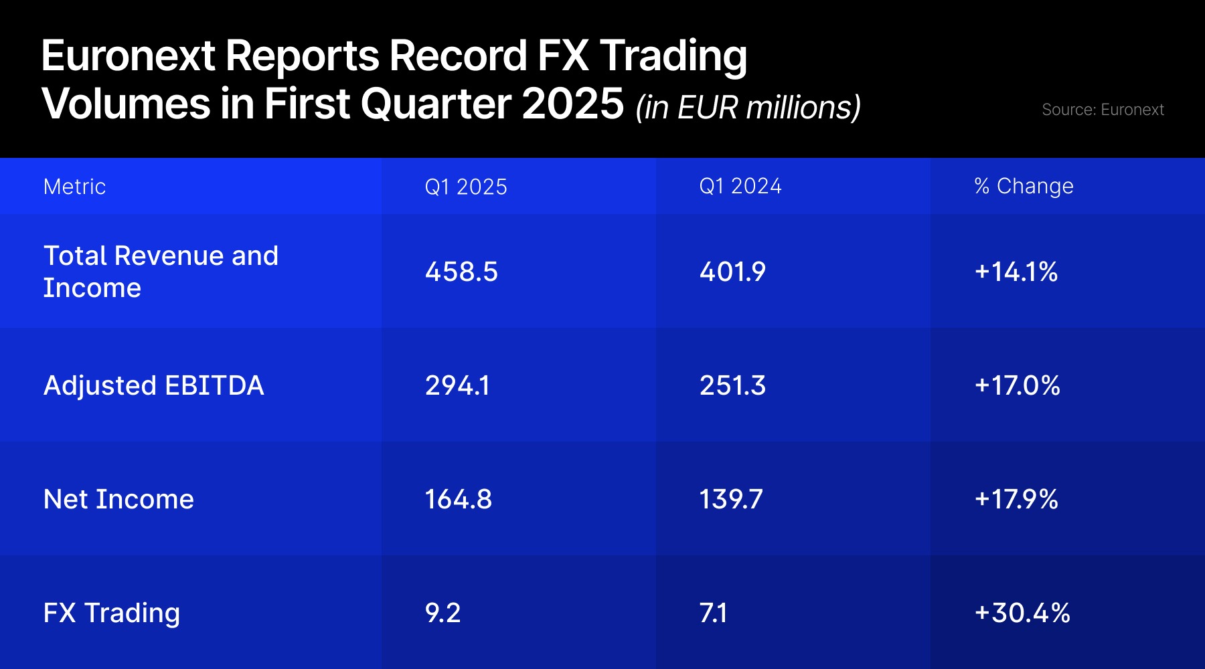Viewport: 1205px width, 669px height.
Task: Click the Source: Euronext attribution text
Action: [x=1103, y=110]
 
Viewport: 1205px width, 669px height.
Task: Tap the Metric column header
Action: [x=74, y=187]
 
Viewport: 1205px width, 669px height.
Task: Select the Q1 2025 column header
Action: [x=466, y=187]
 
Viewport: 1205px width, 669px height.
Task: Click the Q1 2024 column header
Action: [x=740, y=186]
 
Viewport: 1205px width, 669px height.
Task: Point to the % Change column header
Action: [x=1024, y=186]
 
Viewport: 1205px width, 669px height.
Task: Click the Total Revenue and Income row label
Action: [x=161, y=272]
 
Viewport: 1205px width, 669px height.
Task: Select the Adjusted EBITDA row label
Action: [x=153, y=385]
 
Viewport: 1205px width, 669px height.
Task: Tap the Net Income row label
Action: [x=118, y=499]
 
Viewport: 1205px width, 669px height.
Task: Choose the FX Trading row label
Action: [x=111, y=613]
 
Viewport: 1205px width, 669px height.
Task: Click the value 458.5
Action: [x=461, y=272]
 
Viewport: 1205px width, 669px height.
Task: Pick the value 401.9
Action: [x=732, y=272]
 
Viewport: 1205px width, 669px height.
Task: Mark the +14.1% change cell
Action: [x=1016, y=272]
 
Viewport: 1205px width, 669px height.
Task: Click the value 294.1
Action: [x=457, y=385]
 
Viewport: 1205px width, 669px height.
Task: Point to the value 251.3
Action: [x=732, y=385]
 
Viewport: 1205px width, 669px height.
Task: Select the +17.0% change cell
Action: [x=1018, y=385]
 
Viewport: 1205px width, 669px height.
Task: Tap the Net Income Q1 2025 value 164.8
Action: [x=459, y=499]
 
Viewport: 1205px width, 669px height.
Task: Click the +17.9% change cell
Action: [x=1016, y=499]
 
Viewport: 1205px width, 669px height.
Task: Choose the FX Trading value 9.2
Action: [x=443, y=613]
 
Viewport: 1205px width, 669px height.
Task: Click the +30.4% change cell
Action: [x=1022, y=613]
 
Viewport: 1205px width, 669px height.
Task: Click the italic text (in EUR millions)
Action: [x=748, y=108]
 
